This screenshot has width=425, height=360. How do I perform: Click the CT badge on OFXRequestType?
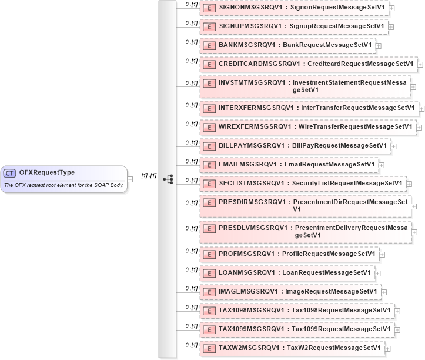point(10,172)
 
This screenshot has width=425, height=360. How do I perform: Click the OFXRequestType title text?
point(46,172)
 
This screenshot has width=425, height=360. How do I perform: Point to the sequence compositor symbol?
point(167,179)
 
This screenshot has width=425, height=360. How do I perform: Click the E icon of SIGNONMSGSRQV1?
point(209,8)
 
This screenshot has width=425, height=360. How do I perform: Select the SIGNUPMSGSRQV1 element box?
point(294,26)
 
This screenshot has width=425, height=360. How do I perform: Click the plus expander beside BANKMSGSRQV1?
point(379,45)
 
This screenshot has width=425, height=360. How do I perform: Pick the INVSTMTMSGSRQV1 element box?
point(305,86)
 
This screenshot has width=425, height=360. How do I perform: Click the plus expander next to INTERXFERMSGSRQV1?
point(422,109)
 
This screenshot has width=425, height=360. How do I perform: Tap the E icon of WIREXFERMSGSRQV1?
point(209,126)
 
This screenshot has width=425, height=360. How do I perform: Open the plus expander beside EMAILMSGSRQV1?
point(382,165)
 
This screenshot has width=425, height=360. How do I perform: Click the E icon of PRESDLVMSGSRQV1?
point(209,229)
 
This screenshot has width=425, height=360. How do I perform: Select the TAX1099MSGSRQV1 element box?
point(297,329)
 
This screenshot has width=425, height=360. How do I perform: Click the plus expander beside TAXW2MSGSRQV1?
point(388,348)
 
